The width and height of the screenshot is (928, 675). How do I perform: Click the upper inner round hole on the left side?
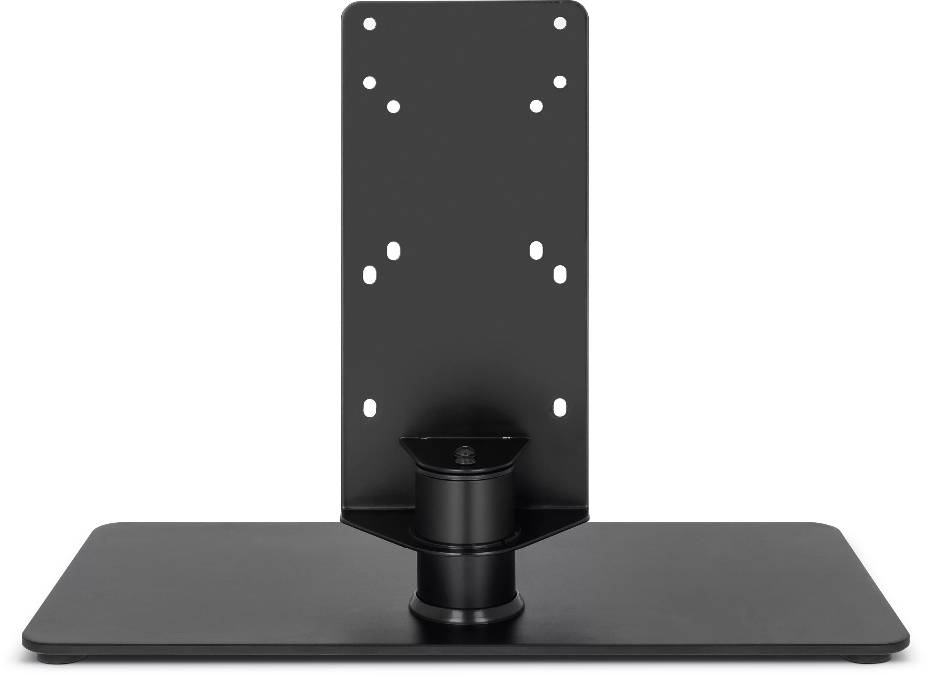[393, 107]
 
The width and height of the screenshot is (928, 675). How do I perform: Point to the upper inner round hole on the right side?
[536, 106]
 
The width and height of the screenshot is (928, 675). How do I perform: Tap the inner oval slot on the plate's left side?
[393, 251]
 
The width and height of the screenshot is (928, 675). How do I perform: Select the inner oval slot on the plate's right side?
[536, 251]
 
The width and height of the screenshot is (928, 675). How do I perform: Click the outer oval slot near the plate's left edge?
[369, 275]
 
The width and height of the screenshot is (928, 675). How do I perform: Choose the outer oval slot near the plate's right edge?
[559, 275]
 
